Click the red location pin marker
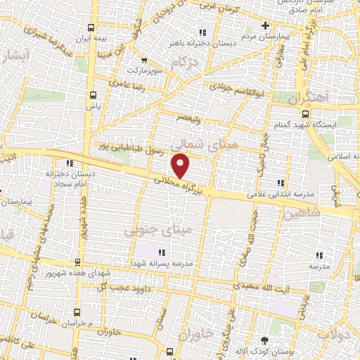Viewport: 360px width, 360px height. pos(181,166)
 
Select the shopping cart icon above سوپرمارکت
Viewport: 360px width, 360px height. pos(144,60)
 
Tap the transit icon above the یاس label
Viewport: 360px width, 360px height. pos(93,95)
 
